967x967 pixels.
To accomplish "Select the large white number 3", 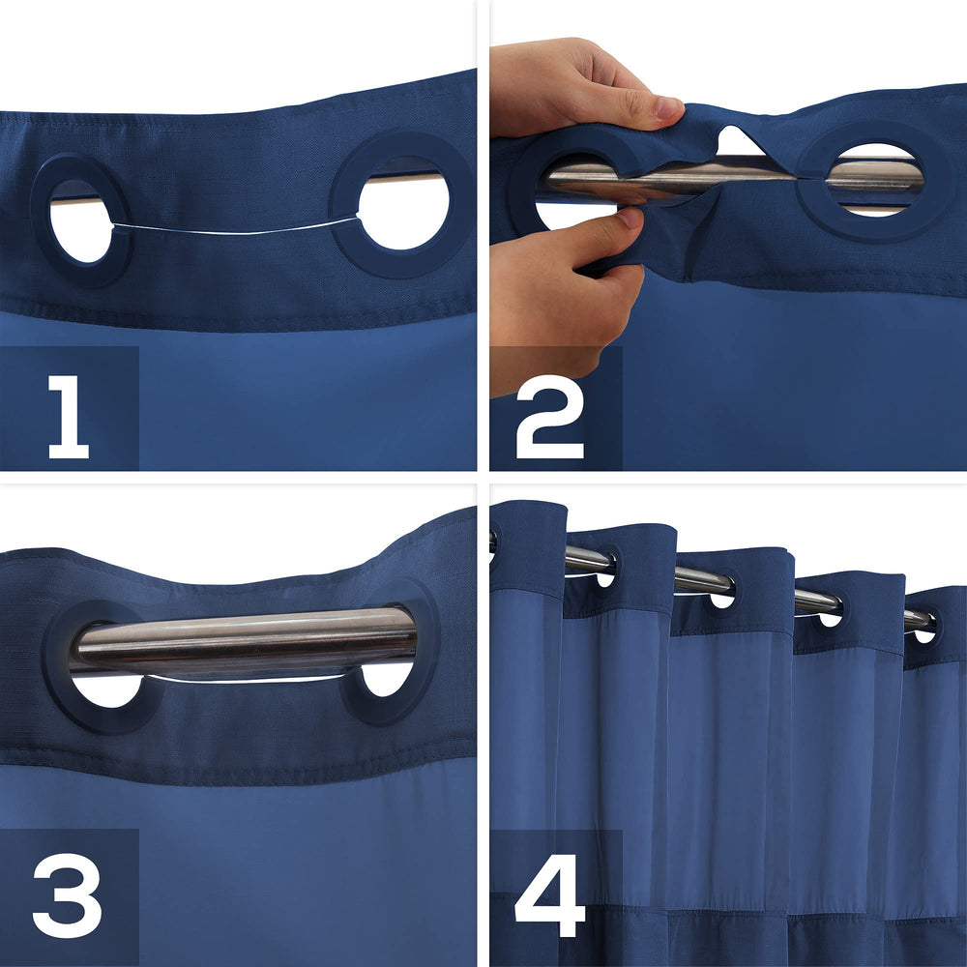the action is tap(68, 895).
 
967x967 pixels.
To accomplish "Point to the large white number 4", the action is tap(549, 895).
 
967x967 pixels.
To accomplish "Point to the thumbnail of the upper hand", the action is tap(668, 108).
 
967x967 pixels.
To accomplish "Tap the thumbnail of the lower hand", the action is tap(630, 218).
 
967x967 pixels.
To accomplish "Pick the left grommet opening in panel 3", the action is tap(108, 690).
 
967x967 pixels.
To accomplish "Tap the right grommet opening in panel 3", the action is tap(387, 679).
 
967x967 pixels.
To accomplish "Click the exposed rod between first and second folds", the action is tap(589, 559).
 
